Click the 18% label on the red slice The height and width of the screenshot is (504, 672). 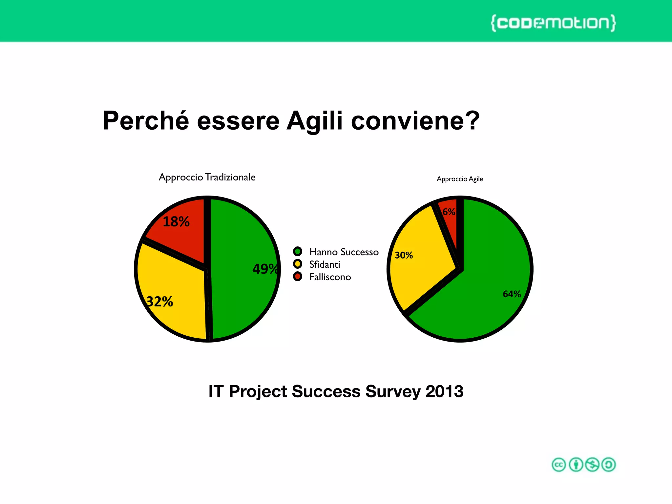(x=176, y=222)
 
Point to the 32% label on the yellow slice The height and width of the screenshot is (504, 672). (x=160, y=302)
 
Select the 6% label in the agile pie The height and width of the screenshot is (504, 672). (x=449, y=212)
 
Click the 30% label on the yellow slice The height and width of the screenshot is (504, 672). (x=404, y=255)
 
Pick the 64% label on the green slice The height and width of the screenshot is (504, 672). (x=512, y=294)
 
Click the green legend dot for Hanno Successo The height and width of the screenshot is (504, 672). (x=298, y=252)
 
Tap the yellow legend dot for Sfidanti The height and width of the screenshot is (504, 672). (x=298, y=264)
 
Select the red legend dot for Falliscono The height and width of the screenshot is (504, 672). (x=298, y=277)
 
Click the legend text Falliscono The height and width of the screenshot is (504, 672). (x=330, y=277)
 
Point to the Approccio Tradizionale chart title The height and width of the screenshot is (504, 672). (x=207, y=177)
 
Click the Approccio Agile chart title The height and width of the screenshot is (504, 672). (x=460, y=179)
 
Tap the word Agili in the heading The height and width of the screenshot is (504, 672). (x=314, y=121)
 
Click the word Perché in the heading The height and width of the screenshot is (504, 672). (x=146, y=121)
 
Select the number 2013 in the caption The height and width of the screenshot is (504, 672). (x=444, y=391)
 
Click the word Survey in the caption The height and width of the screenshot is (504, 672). (x=393, y=391)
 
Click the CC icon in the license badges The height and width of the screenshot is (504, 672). (x=559, y=465)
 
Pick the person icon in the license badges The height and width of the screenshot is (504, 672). (x=576, y=465)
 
